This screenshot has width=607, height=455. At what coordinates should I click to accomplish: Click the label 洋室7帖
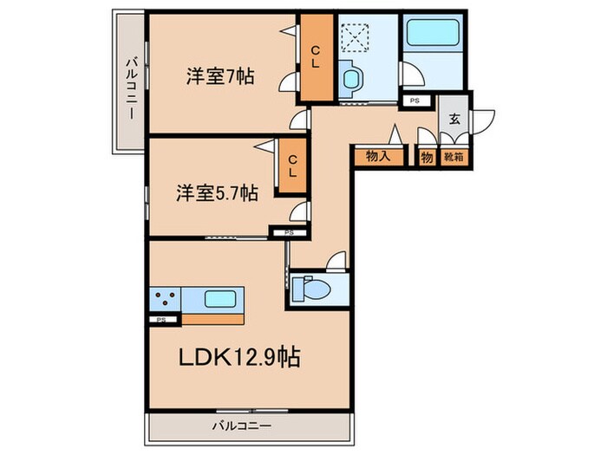pyautogui.click(x=219, y=76)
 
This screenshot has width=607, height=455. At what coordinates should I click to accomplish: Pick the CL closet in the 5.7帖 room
pyautogui.click(x=293, y=166)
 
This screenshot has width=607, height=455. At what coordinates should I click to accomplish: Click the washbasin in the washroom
pyautogui.click(x=352, y=81)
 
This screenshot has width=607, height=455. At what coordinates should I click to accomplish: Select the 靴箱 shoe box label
pyautogui.click(x=454, y=157)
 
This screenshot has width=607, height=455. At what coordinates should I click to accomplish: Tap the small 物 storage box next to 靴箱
pyautogui.click(x=427, y=157)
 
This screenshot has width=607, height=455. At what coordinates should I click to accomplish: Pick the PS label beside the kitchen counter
pyautogui.click(x=159, y=320)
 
